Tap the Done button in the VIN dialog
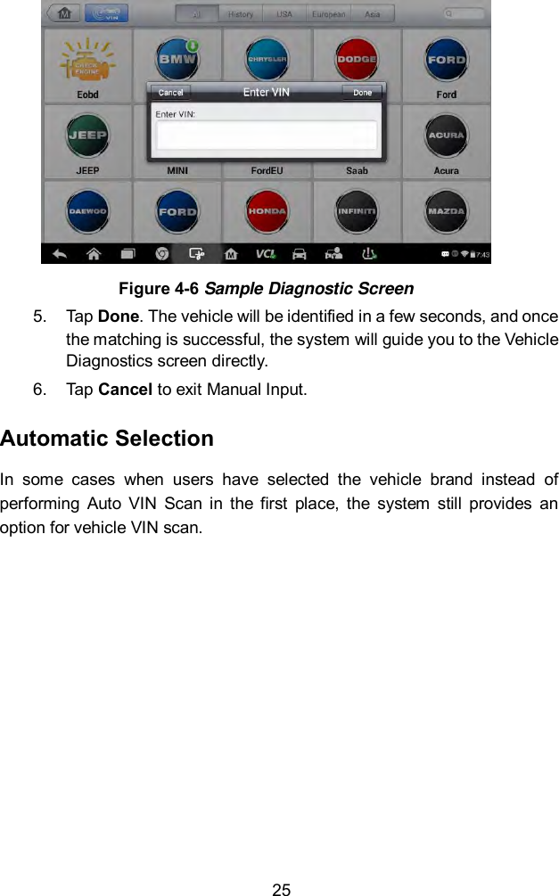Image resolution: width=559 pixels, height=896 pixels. click(362, 93)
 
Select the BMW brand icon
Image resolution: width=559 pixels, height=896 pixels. click(177, 61)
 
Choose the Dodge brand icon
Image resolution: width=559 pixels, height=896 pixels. click(357, 61)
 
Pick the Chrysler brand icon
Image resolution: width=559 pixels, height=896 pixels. click(267, 61)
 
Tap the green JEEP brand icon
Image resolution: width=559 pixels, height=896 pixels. click(87, 136)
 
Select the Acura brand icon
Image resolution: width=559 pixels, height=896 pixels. click(446, 136)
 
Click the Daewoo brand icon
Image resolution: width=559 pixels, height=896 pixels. click(87, 212)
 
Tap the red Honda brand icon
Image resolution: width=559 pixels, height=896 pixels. click(267, 212)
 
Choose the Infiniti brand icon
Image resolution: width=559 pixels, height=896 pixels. click(357, 212)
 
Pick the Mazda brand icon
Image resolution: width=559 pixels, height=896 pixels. click(446, 212)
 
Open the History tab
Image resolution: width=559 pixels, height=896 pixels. click(241, 14)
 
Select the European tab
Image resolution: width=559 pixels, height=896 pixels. click(327, 14)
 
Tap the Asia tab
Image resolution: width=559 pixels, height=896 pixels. click(374, 14)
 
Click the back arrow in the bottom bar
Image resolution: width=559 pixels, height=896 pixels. click(61, 254)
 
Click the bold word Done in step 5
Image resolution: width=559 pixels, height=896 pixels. click(111, 318)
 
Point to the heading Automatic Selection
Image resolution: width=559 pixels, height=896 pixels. click(107, 439)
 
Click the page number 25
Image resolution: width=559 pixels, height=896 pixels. click(281, 889)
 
